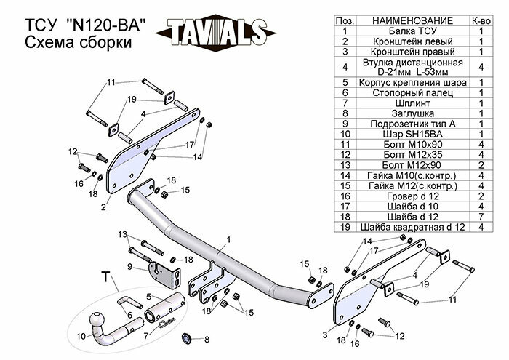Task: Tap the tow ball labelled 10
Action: [x=97, y=321]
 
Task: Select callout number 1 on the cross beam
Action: [x=228, y=239]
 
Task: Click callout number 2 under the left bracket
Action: [x=104, y=207]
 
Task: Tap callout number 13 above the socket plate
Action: [x=123, y=233]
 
